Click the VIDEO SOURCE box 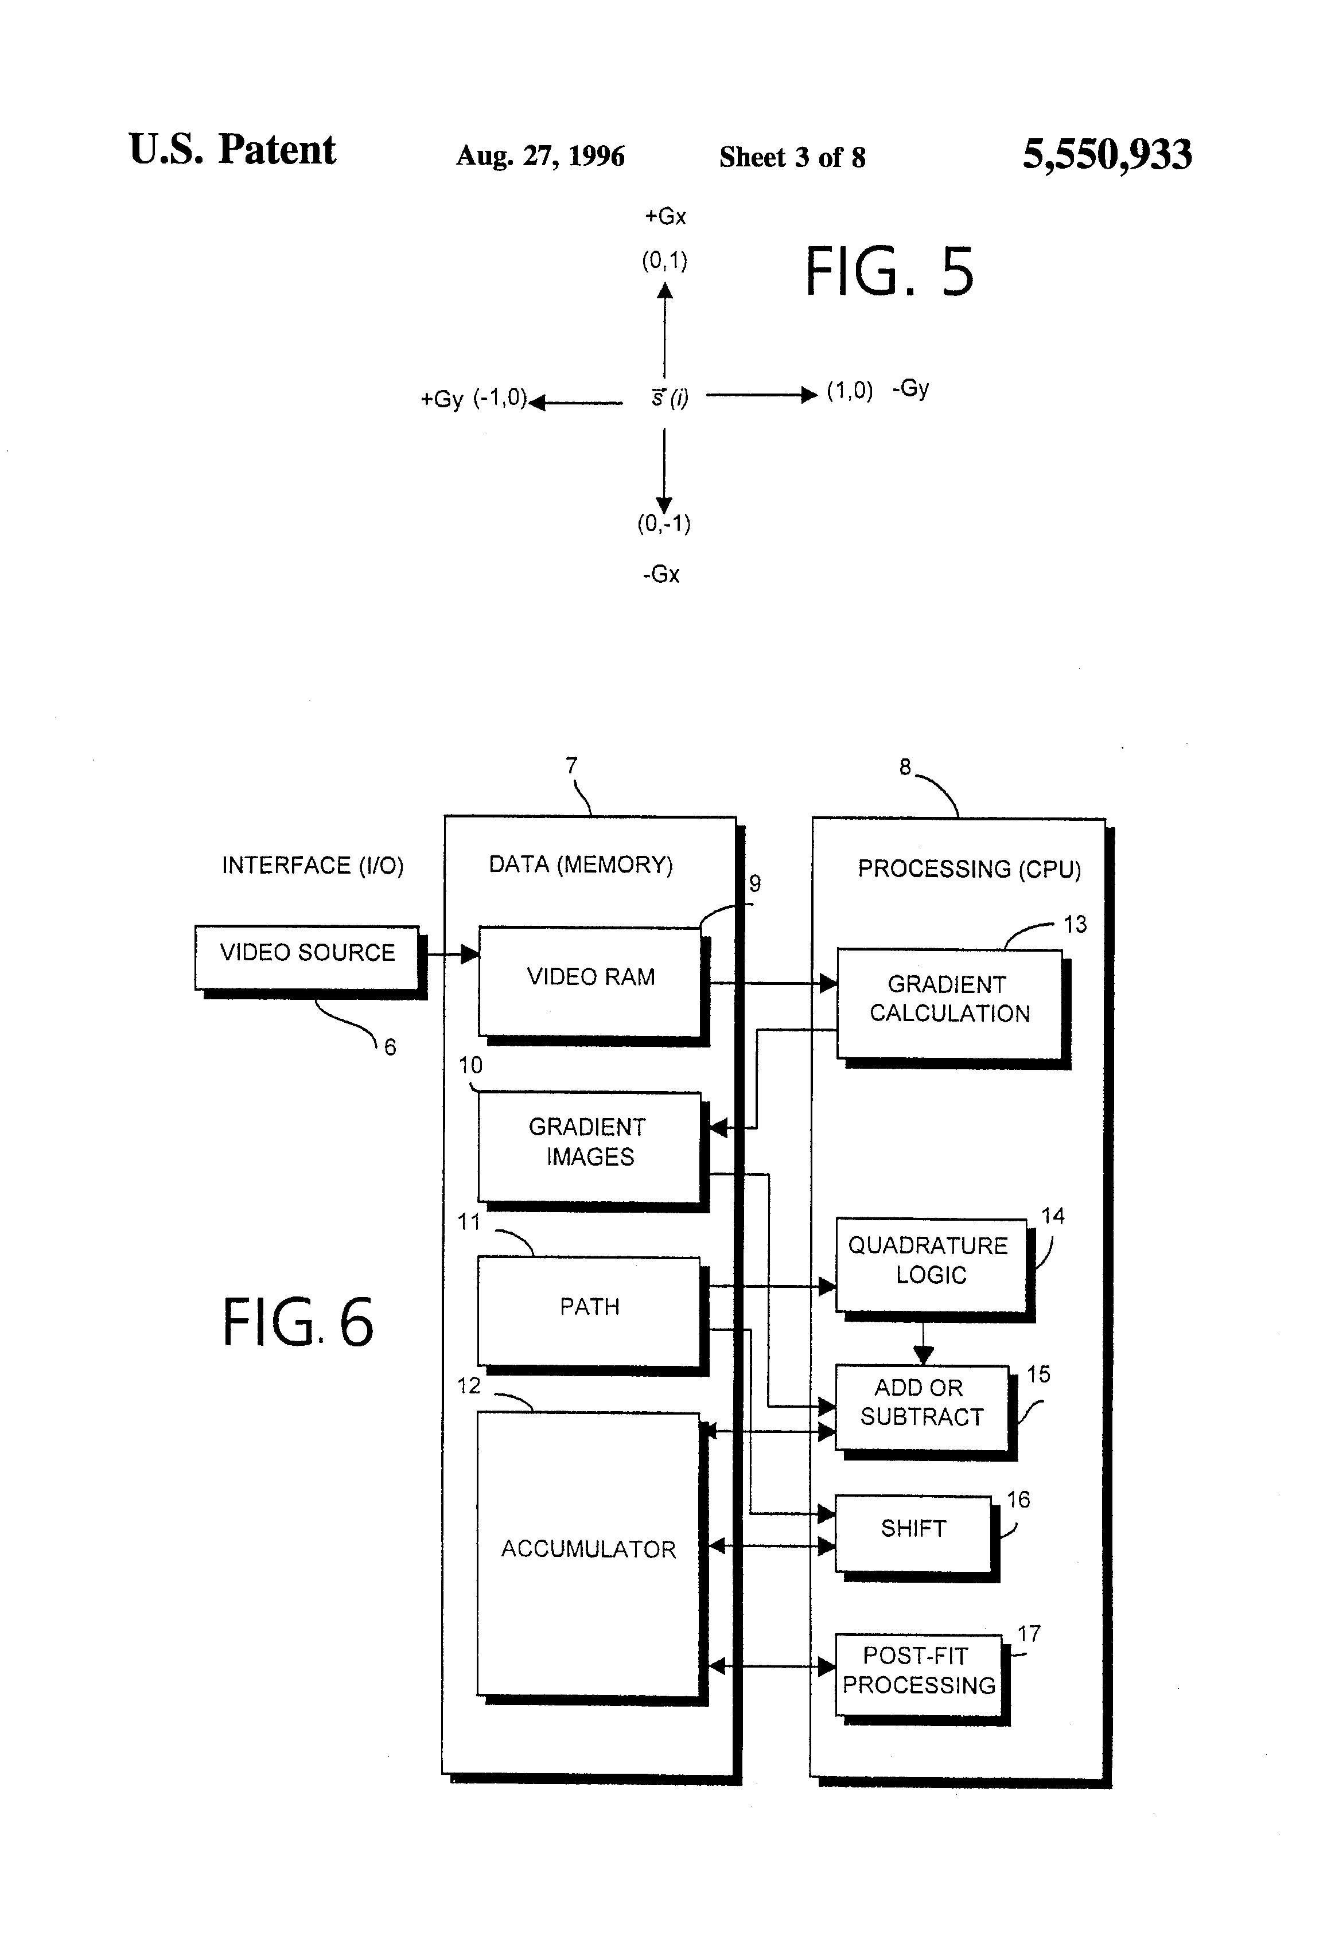307,957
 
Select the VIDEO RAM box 590,981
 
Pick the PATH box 589,1311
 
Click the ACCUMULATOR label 588,1549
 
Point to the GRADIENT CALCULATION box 949,1003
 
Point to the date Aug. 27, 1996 540,157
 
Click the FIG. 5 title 889,272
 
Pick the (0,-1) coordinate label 664,524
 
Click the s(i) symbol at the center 670,397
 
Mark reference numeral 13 1075,925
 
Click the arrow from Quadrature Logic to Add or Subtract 924,1342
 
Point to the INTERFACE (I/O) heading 312,866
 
